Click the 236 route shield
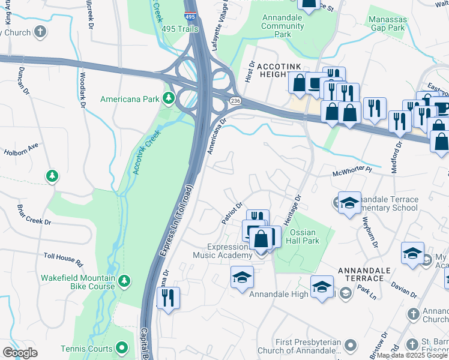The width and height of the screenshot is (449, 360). point(235,101)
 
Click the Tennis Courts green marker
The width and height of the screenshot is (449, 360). point(122,349)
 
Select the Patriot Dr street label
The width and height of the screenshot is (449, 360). point(231,213)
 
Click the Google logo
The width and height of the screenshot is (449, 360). point(20,352)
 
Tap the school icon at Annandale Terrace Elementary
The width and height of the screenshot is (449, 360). point(349,202)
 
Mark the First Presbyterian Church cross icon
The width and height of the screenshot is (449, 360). point(350,345)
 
